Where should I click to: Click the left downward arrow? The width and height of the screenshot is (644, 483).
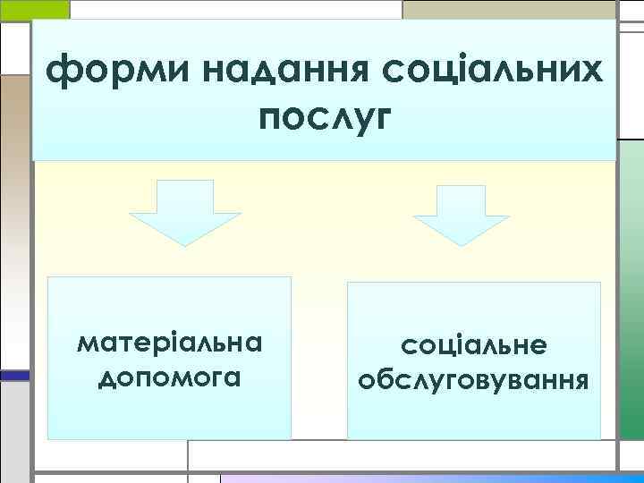(185, 211)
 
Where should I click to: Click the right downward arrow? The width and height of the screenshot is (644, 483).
(461, 214)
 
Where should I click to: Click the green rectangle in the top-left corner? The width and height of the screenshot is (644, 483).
(34, 9)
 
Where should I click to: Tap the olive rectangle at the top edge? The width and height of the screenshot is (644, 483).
(510, 9)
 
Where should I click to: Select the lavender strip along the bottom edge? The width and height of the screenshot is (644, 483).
(429, 478)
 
